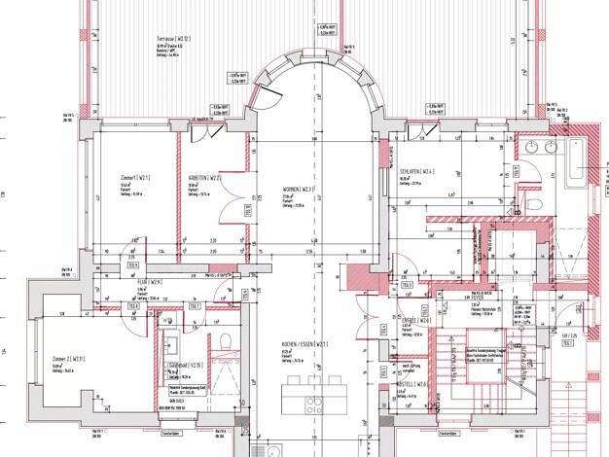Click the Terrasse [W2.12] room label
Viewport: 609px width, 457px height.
pos(173,38)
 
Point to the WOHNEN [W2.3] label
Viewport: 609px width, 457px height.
pos(298,190)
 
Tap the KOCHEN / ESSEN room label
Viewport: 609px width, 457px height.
pos(298,345)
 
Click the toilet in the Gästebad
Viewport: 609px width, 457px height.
pos(225,340)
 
